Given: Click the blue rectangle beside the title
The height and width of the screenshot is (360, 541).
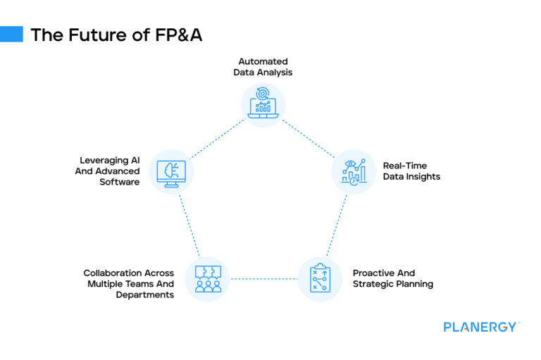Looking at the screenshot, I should pos(11,35).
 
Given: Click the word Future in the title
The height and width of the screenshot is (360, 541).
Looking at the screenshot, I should pos(90,35).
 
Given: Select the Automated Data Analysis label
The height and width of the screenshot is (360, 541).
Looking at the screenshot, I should pos(263,67).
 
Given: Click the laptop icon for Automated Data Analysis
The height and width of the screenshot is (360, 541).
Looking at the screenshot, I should pos(263,104).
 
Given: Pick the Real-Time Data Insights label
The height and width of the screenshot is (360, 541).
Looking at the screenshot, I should pos(411,171).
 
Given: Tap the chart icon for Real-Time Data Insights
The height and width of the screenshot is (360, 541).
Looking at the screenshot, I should pos(354,171).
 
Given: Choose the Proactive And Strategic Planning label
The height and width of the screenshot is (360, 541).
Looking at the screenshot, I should pos(392,278).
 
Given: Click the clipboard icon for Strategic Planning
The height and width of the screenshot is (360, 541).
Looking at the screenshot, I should pos(320,278).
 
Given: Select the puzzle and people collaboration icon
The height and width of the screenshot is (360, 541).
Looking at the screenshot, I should pos(207,278).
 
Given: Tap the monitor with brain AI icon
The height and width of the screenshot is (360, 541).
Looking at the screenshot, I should pos(171,171).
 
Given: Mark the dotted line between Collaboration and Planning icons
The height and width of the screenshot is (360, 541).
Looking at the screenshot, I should pos(263,279).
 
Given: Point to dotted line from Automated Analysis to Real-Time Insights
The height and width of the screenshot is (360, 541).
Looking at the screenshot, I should pos(309,137).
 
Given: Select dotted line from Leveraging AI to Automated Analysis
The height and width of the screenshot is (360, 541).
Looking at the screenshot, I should pos(218,137).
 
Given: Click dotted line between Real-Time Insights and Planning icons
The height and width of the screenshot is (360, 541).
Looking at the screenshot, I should pos(337,225).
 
